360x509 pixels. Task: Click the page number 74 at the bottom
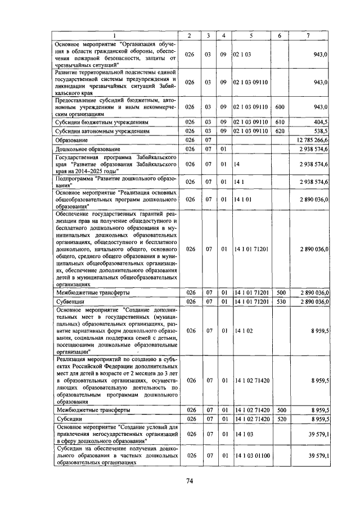[x=190, y=480]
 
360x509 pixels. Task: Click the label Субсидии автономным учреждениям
[x=102, y=130]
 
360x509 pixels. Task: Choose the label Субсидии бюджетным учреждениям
[x=102, y=121]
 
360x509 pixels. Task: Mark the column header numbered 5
[x=251, y=36]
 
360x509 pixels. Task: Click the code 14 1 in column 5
[x=238, y=182]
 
